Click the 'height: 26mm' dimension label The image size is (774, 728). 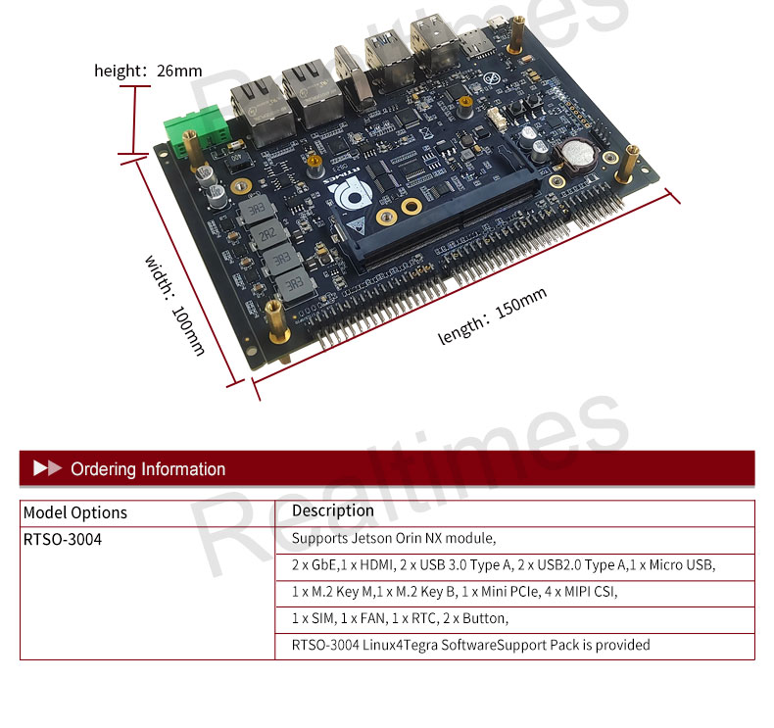[148, 71]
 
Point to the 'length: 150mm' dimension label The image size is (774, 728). [492, 316]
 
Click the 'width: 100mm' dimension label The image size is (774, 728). [176, 305]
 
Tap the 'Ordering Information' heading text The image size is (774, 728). [148, 469]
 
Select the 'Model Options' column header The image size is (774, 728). [75, 512]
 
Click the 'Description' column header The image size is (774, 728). [333, 511]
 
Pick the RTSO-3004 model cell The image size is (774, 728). [63, 540]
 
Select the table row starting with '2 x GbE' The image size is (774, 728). [504, 565]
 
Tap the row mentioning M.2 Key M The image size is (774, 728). [455, 592]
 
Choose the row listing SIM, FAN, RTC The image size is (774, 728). [400, 618]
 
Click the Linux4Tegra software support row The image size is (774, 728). [470, 645]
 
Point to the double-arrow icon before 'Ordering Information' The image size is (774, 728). [47, 468]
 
